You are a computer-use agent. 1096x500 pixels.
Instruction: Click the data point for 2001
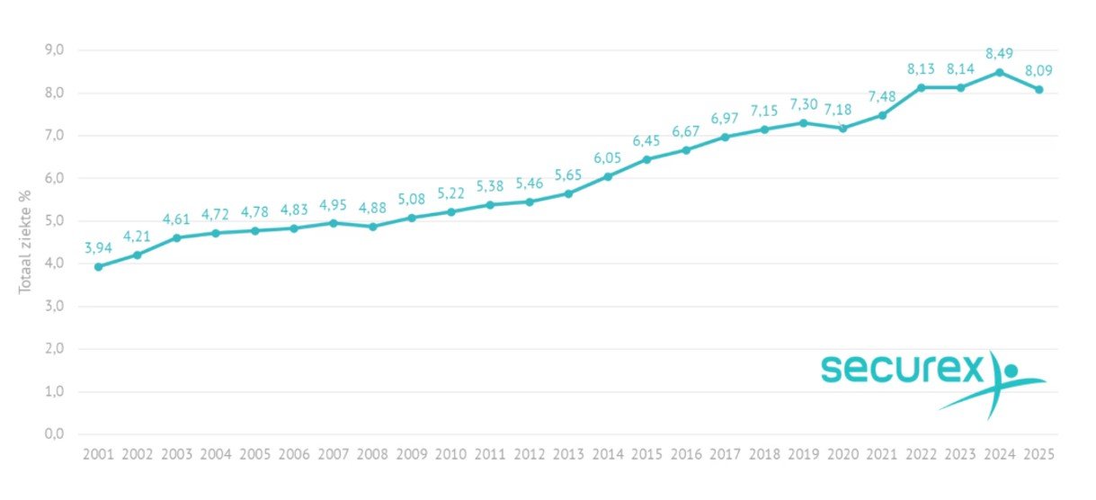point(98,266)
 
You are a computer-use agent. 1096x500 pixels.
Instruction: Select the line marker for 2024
point(1000,72)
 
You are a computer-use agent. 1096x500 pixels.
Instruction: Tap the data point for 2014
point(608,176)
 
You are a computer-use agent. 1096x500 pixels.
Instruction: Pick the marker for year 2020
point(842,128)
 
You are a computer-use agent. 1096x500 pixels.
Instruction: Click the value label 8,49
point(999,53)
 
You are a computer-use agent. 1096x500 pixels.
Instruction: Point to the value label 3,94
point(99,247)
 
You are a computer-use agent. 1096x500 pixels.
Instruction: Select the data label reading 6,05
point(608,157)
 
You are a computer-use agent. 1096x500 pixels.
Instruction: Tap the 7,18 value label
point(842,109)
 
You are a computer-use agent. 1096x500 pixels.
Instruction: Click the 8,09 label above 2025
point(1038,70)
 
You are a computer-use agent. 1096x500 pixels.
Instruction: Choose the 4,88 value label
point(372,208)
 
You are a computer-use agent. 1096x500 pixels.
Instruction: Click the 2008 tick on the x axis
point(372,454)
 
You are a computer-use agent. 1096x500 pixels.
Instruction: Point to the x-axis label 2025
point(1038,454)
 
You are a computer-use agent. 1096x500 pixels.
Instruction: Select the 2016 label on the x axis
point(686,454)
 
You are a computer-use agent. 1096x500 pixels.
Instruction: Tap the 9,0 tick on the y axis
point(54,50)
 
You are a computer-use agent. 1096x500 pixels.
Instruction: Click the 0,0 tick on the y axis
point(54,434)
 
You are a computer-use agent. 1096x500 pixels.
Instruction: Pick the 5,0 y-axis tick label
point(54,221)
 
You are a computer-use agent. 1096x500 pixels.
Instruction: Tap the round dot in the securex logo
point(1011,370)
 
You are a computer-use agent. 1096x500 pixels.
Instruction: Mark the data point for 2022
point(922,87)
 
